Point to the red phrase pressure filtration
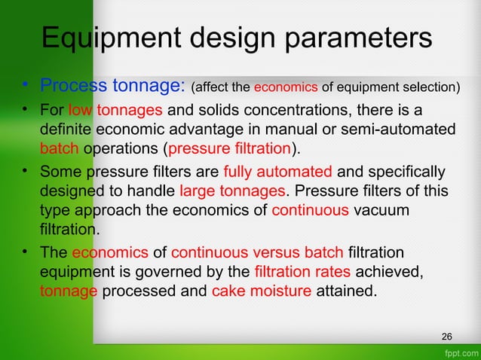coord(231,146)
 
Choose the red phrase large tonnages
coord(229,191)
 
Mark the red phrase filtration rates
coord(304,270)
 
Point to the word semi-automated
coord(392,130)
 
